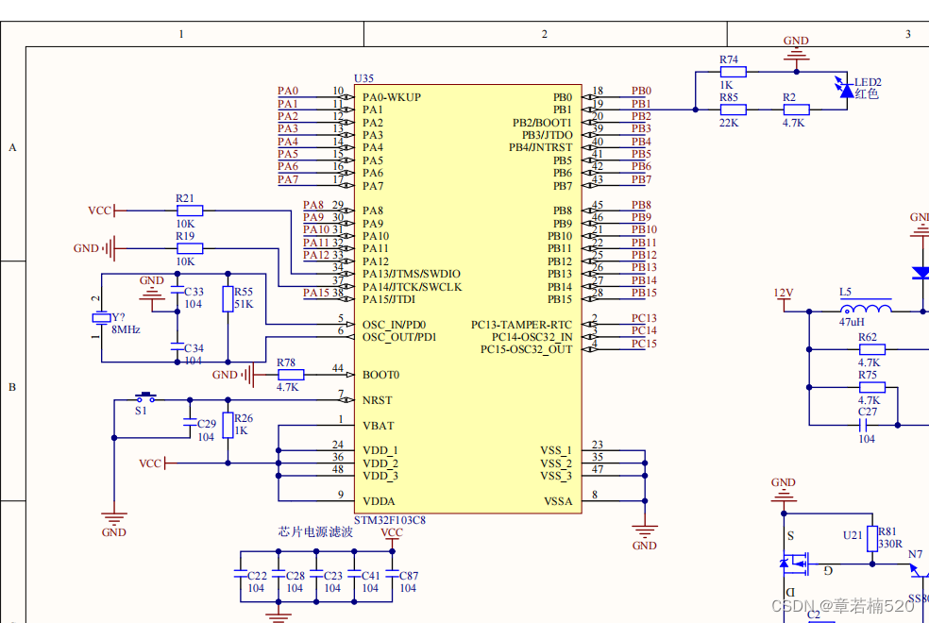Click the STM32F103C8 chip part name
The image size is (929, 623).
pos(389,520)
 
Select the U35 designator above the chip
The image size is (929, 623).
pos(363,78)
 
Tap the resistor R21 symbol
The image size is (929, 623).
pos(190,210)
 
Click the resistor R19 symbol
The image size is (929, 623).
pos(190,248)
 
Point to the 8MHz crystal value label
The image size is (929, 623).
pos(126,329)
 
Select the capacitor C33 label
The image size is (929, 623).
pos(194,292)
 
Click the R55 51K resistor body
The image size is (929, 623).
pos(228,299)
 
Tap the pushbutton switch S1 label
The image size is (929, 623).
pos(141,411)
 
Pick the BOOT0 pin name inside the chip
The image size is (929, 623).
pos(380,375)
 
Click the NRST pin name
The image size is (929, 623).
pos(378,400)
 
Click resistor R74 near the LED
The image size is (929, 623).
pos(733,71)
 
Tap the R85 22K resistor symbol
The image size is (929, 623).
pos(733,109)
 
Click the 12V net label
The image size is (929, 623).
pos(783,293)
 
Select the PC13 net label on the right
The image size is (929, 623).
pos(644,318)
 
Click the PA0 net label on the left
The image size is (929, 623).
pos(288,91)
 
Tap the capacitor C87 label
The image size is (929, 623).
pos(408,575)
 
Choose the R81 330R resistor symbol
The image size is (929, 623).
pos(872,536)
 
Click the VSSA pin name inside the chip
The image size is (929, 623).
pos(557,501)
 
